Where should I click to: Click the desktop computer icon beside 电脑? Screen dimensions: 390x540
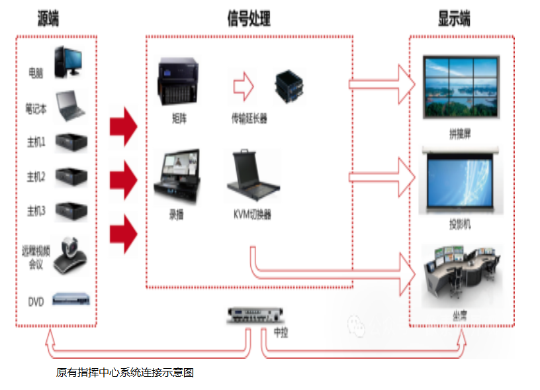click(69, 61)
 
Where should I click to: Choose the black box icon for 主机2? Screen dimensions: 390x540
click(71, 176)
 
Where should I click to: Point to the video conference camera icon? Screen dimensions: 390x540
click(71, 256)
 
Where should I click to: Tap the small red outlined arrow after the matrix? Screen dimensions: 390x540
click(244, 85)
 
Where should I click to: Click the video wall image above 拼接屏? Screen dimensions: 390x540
click(461, 88)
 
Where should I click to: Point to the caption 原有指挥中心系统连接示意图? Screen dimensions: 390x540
click(125, 373)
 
